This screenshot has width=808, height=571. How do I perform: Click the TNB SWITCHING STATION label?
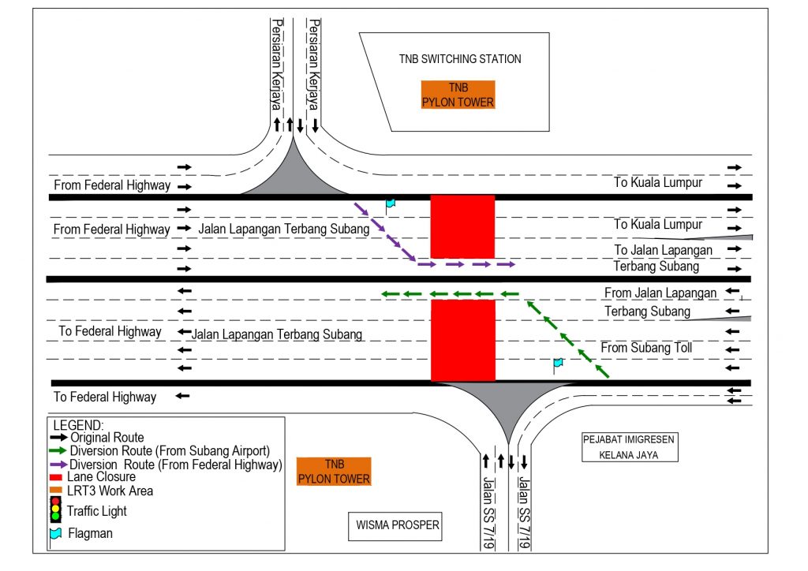pyautogui.click(x=459, y=59)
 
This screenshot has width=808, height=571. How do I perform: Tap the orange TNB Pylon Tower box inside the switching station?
pyautogui.click(x=458, y=95)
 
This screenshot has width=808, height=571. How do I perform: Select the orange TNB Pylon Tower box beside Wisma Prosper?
pyautogui.click(x=335, y=472)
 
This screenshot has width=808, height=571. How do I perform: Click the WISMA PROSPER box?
pyautogui.click(x=396, y=526)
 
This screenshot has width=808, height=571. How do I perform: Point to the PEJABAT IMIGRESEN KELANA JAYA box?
pyautogui.click(x=629, y=447)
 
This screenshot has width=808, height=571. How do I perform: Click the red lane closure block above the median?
pyautogui.click(x=462, y=226)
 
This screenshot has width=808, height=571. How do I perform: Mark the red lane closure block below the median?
pyautogui.click(x=463, y=339)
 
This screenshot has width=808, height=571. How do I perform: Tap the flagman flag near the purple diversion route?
pyautogui.click(x=390, y=204)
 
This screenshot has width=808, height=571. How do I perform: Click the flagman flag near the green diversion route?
pyautogui.click(x=558, y=364)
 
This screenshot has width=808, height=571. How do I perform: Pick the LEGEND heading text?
pyautogui.click(x=78, y=425)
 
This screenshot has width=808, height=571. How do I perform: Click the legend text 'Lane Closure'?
pyautogui.click(x=101, y=476)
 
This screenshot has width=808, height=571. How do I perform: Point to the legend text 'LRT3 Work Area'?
pyautogui.click(x=110, y=491)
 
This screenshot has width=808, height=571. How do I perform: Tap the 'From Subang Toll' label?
pyautogui.click(x=645, y=348)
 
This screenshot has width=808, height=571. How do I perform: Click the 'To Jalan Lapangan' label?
pyautogui.click(x=663, y=250)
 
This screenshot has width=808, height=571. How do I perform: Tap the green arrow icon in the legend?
pyautogui.click(x=58, y=451)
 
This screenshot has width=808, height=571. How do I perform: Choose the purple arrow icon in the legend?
pyautogui.click(x=58, y=465)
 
